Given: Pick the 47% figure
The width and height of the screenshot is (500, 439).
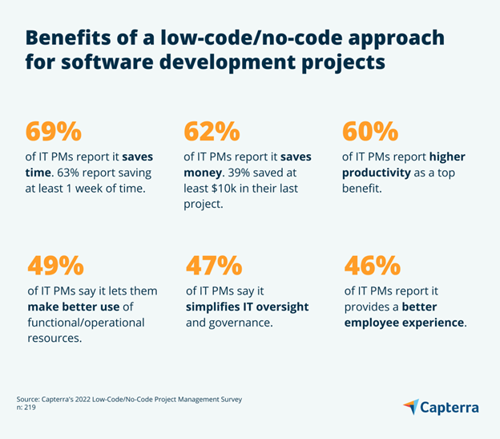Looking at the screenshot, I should pyautogui.click(x=213, y=265).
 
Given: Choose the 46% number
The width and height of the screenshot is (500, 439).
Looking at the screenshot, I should pyautogui.click(x=372, y=265).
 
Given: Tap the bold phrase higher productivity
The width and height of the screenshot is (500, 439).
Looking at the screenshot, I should pyautogui.click(x=404, y=165).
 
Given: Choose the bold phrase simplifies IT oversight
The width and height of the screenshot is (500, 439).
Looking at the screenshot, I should pyautogui.click(x=247, y=307).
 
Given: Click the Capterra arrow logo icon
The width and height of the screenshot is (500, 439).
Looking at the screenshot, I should pyautogui.click(x=411, y=407).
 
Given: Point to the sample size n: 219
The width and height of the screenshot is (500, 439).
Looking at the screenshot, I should pyautogui.click(x=27, y=408).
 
